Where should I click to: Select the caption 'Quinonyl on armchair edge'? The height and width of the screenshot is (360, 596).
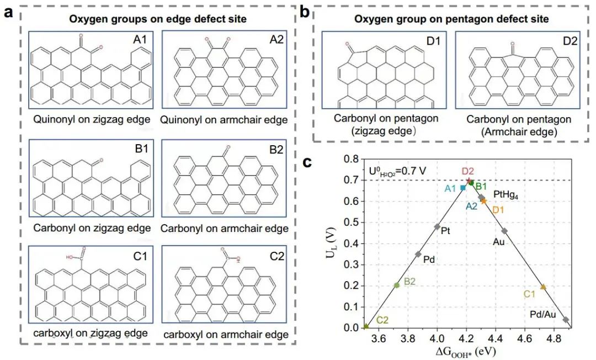pos(223,120)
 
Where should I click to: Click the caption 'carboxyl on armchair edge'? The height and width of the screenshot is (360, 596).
pos(223,335)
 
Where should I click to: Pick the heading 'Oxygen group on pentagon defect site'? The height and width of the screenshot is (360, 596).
pos(451,19)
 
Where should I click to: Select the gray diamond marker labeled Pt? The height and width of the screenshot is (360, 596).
pos(437,226)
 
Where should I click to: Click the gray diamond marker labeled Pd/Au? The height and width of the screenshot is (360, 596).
pos(566,320)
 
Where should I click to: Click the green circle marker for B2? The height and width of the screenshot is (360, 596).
pos(397,285)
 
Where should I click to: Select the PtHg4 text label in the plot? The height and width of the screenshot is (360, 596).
pos(509,194)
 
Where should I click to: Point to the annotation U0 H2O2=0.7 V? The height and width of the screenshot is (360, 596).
pos(396,171)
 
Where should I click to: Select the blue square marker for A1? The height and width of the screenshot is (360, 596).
pos(463,188)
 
